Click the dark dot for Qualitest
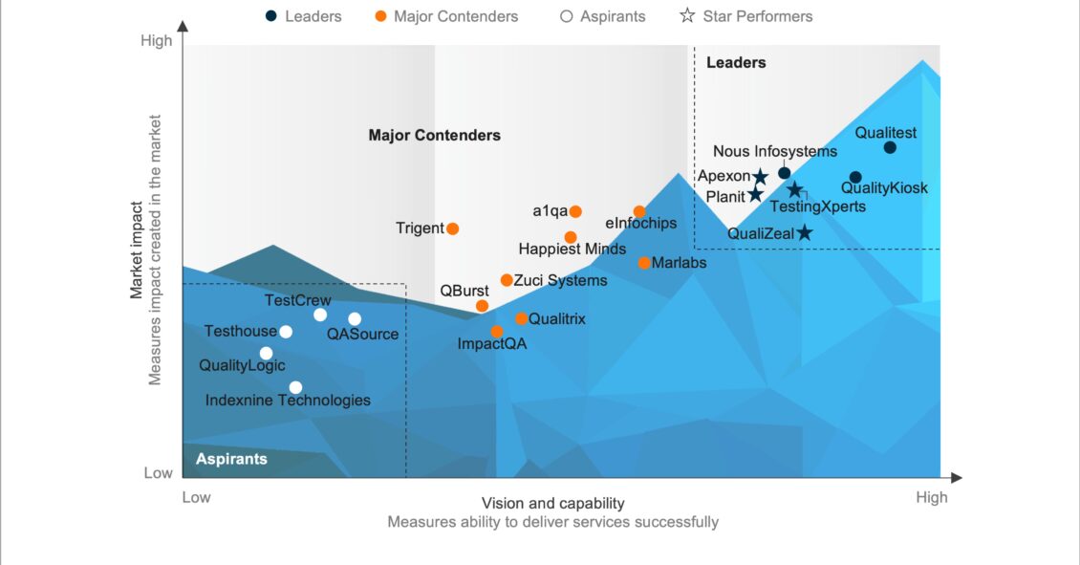[x=890, y=147]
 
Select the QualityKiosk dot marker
[x=855, y=177]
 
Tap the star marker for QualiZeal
[x=805, y=232]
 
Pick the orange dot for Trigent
[x=453, y=228]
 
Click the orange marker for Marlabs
[x=644, y=263]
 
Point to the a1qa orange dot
[x=575, y=211]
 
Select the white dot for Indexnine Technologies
[x=295, y=387]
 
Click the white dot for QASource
[x=355, y=319]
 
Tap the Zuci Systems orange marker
[x=507, y=280]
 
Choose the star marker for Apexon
[x=760, y=177]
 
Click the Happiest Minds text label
[x=572, y=249]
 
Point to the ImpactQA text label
[x=492, y=343]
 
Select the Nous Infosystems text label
[x=775, y=151]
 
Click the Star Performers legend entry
[x=745, y=16]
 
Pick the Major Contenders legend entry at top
[x=446, y=16]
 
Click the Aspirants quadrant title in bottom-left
[x=231, y=460]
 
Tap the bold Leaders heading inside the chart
[x=736, y=63]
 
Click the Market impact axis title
[x=137, y=250]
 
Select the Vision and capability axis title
[x=552, y=503]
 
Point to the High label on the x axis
[x=931, y=497]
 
